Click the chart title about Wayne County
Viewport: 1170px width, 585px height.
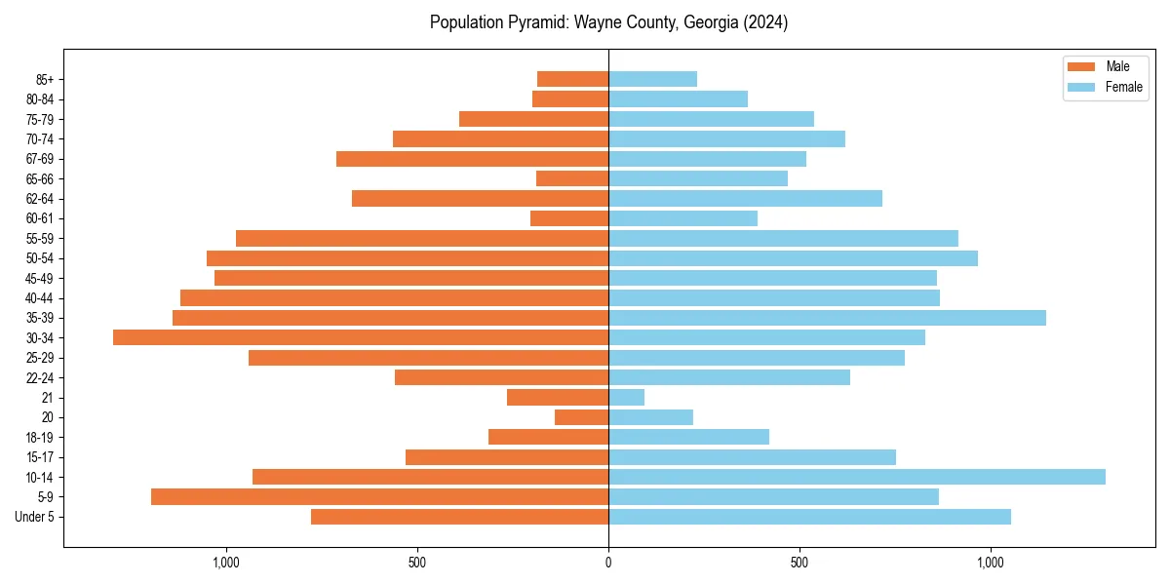point(608,22)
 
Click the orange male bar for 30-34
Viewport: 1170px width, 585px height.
point(361,337)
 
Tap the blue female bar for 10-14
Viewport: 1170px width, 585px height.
point(857,477)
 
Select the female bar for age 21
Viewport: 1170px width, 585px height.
point(627,397)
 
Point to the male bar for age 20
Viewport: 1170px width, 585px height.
point(582,417)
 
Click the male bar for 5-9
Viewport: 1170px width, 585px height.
point(380,496)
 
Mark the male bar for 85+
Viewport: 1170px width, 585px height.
point(573,79)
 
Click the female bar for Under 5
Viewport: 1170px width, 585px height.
point(809,517)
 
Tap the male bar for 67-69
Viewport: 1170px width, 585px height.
point(473,159)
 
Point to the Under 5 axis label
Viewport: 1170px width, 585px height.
point(35,517)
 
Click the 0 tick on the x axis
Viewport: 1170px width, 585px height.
point(608,563)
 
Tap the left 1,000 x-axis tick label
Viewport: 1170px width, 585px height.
point(225,563)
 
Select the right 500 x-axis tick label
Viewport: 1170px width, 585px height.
point(799,563)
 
